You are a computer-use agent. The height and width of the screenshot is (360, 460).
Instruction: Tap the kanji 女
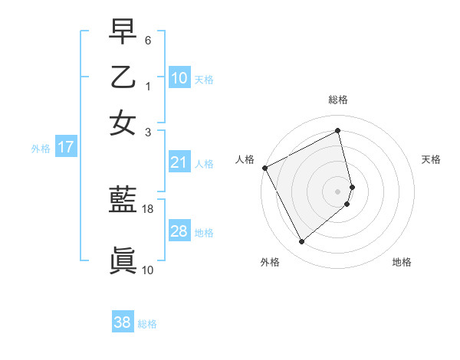click(123, 123)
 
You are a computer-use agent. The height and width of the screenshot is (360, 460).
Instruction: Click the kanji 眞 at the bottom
click(123, 260)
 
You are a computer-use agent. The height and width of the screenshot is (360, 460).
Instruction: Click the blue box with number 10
click(179, 77)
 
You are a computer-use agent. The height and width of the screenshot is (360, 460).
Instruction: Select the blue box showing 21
click(179, 162)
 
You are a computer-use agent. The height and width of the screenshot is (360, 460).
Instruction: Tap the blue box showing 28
click(179, 231)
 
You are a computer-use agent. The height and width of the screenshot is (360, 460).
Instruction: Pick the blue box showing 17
click(65, 147)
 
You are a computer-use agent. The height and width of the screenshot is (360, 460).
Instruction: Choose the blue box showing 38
click(123, 322)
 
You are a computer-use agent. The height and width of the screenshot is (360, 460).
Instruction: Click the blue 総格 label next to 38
click(147, 324)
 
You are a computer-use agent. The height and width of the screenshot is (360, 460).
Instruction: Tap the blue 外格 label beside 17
click(41, 149)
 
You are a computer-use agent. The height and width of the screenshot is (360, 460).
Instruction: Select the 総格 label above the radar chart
click(338, 100)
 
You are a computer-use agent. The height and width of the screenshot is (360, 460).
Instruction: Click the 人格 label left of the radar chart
click(245, 159)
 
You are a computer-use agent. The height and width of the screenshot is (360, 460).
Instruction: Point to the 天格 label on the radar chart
click(432, 159)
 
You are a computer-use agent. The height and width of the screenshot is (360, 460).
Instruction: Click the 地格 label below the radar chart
click(402, 262)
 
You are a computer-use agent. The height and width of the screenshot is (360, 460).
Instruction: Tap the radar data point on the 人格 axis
click(264, 168)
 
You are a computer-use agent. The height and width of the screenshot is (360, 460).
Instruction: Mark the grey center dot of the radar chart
click(338, 190)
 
